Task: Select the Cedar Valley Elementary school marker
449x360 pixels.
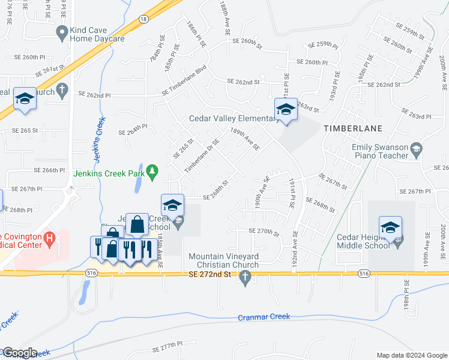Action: click(285, 109)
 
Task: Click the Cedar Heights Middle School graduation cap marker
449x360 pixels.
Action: click(390, 227)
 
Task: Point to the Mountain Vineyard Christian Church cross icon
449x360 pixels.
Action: click(244, 277)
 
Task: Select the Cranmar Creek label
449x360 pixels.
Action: click(264, 317)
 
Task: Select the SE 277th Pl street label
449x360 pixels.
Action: click(167, 347)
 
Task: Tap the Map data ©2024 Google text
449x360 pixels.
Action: click(412, 355)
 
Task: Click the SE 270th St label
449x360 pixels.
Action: click(265, 231)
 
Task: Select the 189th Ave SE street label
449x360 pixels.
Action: click(245, 139)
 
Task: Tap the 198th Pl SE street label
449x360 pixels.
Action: click(406, 295)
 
